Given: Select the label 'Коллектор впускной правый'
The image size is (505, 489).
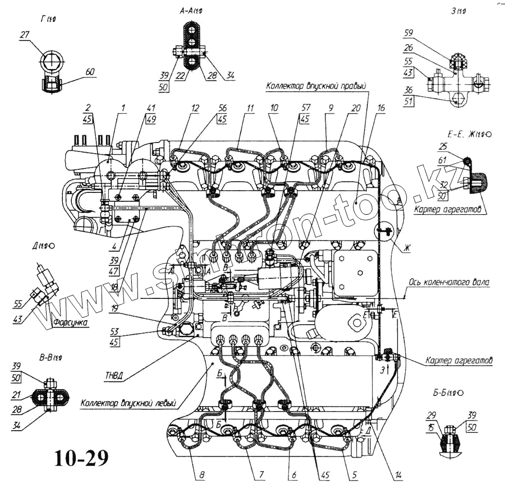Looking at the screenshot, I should click(316, 86).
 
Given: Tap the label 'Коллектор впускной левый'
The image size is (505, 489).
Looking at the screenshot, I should click(128, 403).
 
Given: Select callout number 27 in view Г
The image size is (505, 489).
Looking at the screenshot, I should click(25, 35).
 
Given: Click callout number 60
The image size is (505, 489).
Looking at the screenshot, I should click(90, 72).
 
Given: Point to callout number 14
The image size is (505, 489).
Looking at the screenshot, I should click(398, 476).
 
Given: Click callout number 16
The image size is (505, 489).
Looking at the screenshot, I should click(381, 109).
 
